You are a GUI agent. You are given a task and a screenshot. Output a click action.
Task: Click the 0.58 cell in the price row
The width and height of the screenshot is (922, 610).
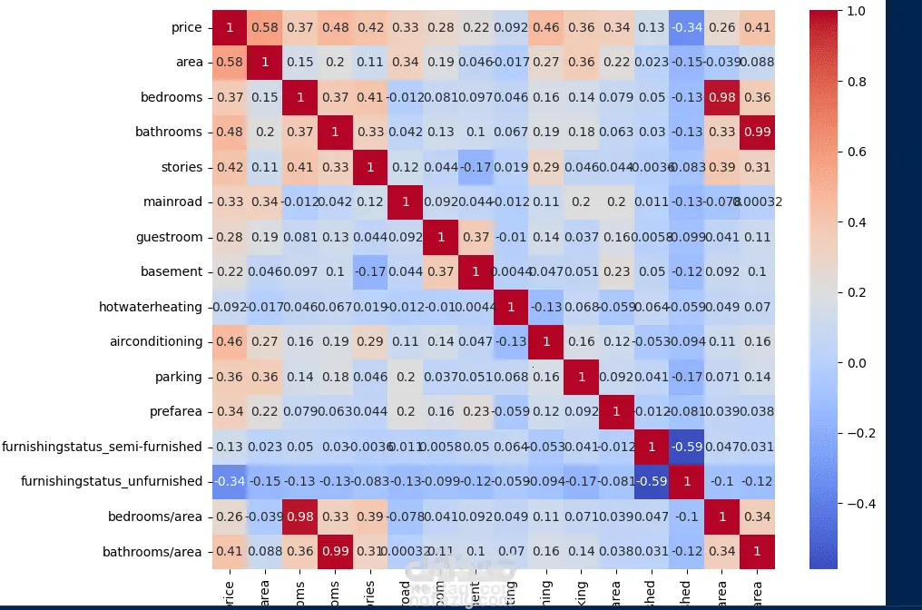pos(265,27)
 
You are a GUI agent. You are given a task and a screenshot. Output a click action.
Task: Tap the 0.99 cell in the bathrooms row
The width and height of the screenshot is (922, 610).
pos(758,132)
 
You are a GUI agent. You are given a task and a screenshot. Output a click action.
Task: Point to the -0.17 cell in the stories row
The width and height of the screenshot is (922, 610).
pos(476,167)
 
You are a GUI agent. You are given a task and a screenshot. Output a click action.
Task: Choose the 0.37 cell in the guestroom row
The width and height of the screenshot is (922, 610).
pos(476,237)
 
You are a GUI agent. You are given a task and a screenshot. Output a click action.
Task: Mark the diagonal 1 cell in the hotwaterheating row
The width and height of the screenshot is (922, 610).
pos(511,307)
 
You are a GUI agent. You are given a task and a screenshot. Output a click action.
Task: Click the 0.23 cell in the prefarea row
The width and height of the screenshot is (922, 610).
pos(476,411)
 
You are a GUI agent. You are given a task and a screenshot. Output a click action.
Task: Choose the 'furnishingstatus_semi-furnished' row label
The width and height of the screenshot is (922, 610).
pos(102,446)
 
